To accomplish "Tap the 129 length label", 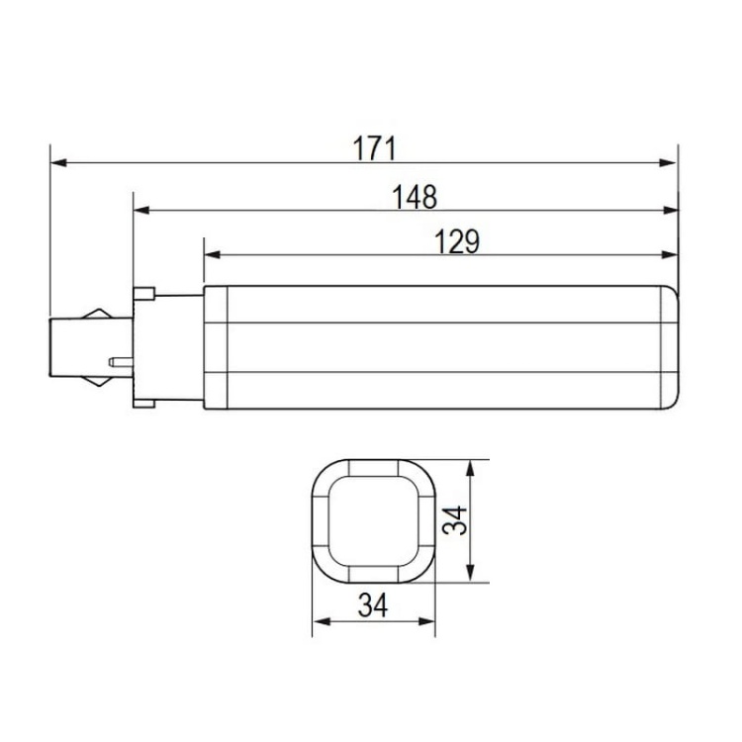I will [455, 242].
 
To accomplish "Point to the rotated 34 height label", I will [453, 522].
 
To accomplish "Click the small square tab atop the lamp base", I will [143, 293].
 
